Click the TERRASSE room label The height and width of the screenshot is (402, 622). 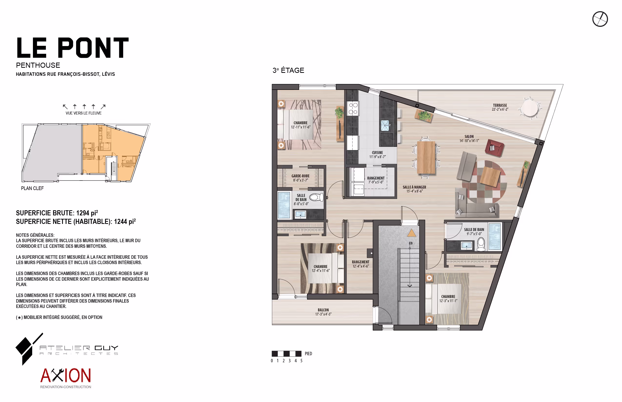coord(500,105)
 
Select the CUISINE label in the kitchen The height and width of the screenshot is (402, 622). coord(377,153)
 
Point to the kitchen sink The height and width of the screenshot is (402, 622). coord(385,125)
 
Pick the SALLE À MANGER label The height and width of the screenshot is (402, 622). coord(414,187)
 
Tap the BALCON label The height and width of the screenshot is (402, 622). coord(323,310)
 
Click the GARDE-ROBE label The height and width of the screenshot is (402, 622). coord(301,176)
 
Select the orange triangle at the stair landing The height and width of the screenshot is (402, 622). coord(411,233)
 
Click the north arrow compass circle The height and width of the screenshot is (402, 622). coord(600,19)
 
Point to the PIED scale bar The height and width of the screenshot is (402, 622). coord(286,354)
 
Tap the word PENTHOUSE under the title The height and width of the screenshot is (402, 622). coord(38,65)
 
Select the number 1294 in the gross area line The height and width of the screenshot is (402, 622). coord(83,213)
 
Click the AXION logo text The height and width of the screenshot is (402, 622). coord(66,375)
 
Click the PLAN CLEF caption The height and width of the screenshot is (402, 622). coord(32,188)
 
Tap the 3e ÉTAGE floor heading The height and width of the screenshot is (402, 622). coord(288,70)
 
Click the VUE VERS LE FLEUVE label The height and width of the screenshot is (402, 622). coord(84,113)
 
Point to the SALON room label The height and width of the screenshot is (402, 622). coord(469,136)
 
